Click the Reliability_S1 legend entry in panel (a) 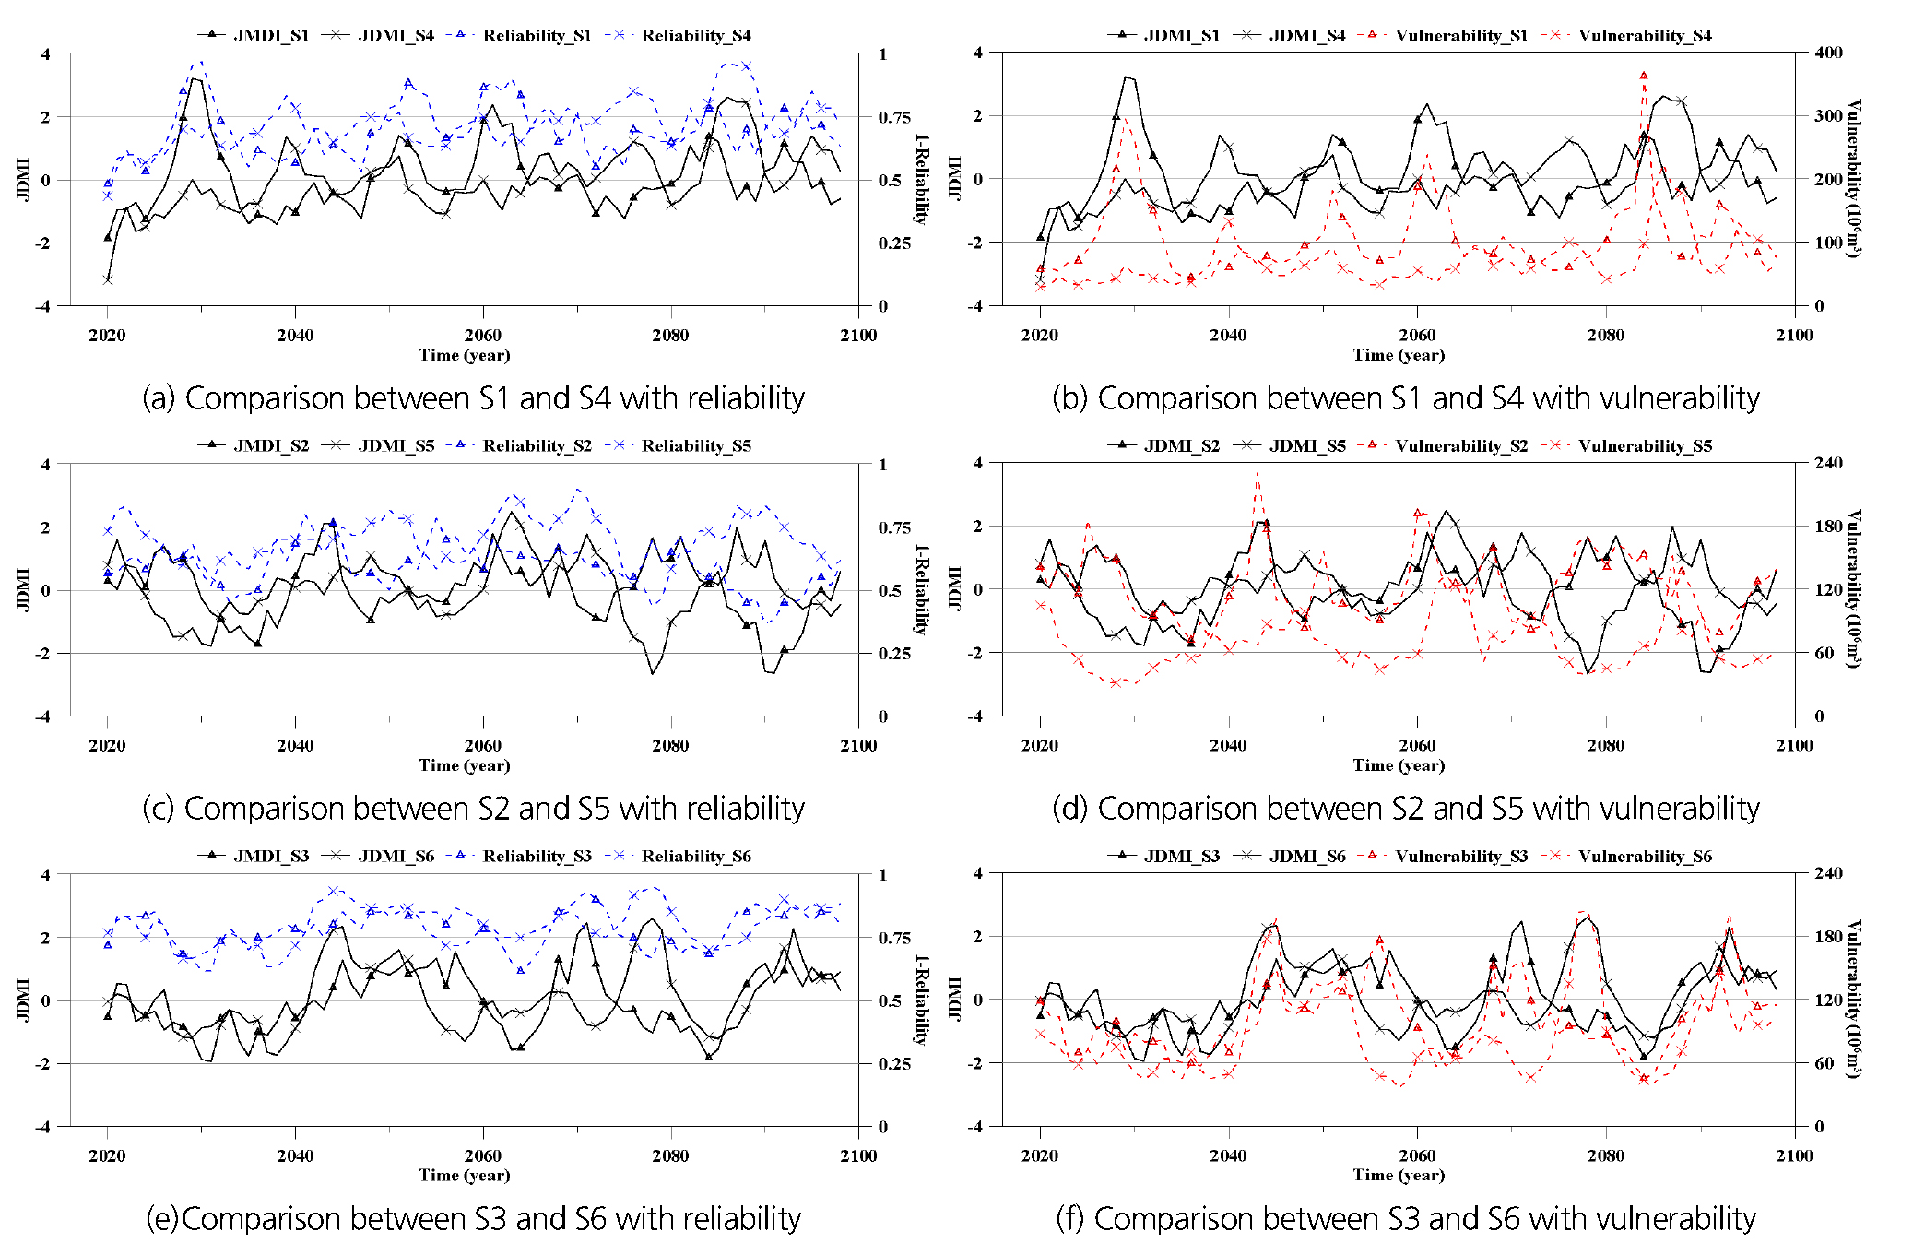coord(537,36)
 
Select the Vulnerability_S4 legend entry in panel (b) coord(1644,36)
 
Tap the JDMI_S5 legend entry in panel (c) coord(396,446)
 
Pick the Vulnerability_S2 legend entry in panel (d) coord(1460,446)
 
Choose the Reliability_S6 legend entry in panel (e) coord(695,857)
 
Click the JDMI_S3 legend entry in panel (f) coord(1181,857)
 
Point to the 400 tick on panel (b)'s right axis coord(1828,53)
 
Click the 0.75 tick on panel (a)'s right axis coord(894,117)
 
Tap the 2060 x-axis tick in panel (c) coord(483,745)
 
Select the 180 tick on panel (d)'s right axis coord(1828,527)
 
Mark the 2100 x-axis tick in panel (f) coord(1794,1155)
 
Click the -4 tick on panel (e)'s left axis coord(43,1127)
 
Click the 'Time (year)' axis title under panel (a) coord(464,355)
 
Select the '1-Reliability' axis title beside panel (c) coord(920,589)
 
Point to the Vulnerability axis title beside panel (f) coord(1854,1000)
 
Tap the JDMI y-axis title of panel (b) coord(955,178)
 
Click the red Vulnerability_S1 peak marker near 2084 coord(1644,77)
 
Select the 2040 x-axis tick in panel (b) coord(1228,335)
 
